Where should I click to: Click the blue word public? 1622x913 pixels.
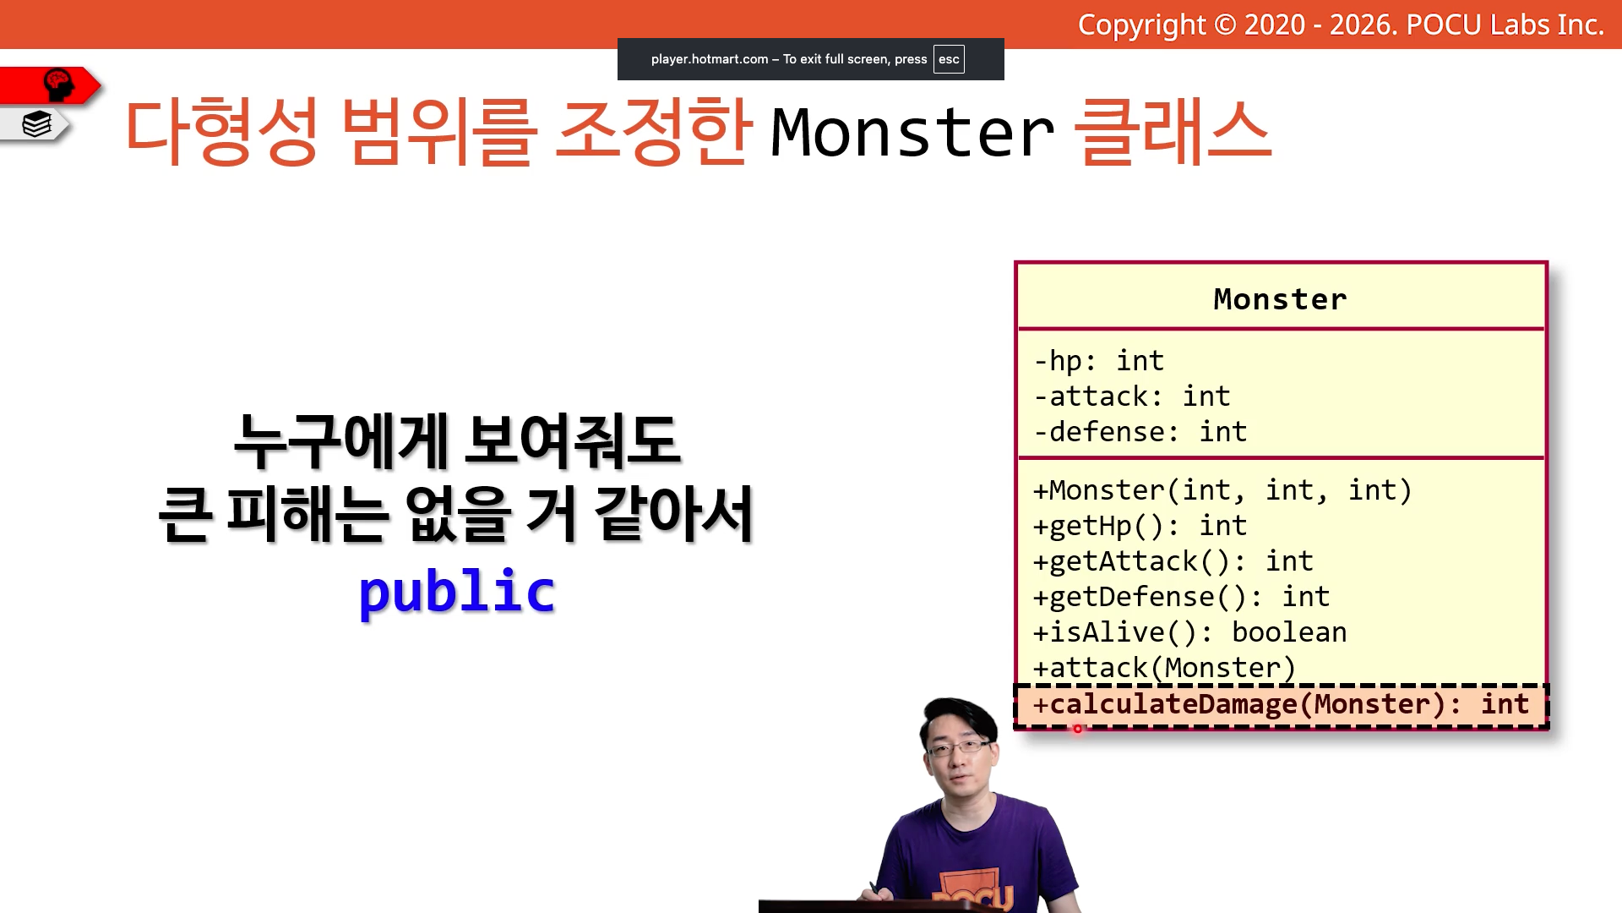(457, 592)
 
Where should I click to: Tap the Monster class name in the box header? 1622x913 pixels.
(1280, 299)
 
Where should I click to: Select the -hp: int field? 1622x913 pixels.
(1099, 361)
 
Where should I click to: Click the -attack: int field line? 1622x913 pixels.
(1132, 396)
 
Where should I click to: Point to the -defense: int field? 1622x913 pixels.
(1140, 432)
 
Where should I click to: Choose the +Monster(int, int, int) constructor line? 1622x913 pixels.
(1222, 490)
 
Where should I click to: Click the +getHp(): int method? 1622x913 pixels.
(1140, 526)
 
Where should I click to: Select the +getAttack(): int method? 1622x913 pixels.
(1173, 561)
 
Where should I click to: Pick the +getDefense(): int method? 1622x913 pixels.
(1181, 597)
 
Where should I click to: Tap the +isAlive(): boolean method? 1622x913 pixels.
(1189, 632)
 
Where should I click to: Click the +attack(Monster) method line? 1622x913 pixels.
(1164, 668)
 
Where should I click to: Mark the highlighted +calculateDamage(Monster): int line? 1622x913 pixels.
(1281, 704)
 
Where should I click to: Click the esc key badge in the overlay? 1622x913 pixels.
(949, 59)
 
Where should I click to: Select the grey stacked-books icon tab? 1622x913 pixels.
(35, 124)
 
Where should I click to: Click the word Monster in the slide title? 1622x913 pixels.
(912, 133)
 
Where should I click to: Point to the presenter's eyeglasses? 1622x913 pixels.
(958, 747)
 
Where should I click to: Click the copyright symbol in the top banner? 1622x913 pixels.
(1225, 25)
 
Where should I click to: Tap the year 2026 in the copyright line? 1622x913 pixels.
(1361, 25)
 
